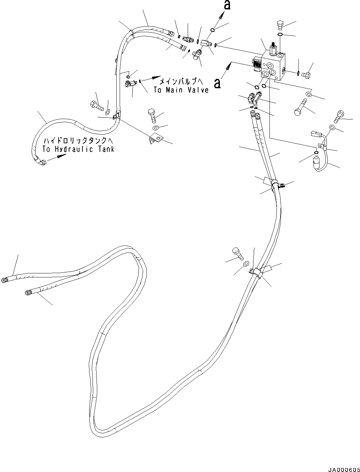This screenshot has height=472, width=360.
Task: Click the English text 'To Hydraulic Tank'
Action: pyautogui.click(x=78, y=149)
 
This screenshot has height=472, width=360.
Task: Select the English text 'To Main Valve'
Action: pyautogui.click(x=181, y=90)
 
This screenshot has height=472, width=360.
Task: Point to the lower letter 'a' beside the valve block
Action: pyautogui.click(x=218, y=83)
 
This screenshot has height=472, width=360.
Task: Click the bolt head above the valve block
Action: pyautogui.click(x=281, y=24)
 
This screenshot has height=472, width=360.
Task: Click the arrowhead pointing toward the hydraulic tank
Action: pyautogui.click(x=60, y=157)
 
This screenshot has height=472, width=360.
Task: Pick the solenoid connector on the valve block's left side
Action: pyautogui.click(x=257, y=64)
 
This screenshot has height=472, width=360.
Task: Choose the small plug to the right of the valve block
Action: pyautogui.click(x=307, y=74)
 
